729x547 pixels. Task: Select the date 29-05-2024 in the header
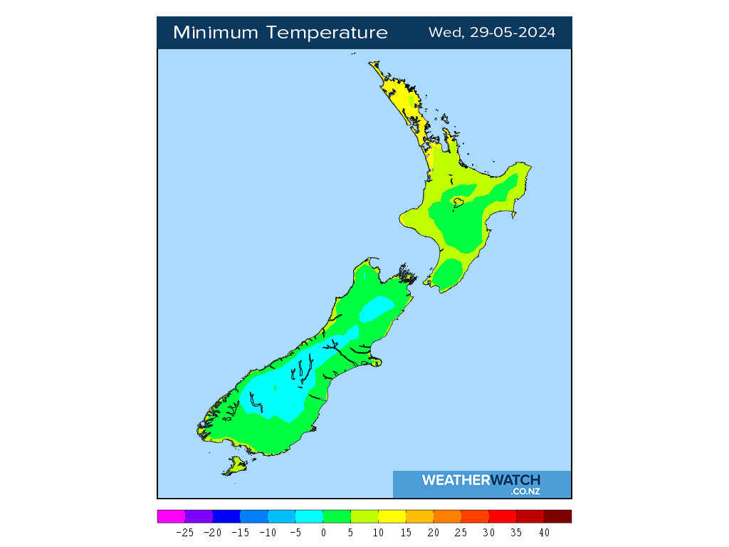click(x=513, y=33)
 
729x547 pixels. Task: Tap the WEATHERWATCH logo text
click(x=481, y=480)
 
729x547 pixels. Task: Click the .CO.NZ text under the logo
click(x=525, y=491)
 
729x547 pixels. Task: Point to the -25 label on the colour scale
click(x=184, y=533)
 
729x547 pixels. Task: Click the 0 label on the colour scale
click(x=323, y=533)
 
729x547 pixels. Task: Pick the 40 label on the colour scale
click(x=544, y=533)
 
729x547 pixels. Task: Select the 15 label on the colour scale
click(x=406, y=533)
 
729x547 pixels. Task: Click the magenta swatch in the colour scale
click(x=171, y=516)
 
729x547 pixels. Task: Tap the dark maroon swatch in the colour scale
click(x=557, y=516)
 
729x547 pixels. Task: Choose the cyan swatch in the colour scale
click(x=309, y=516)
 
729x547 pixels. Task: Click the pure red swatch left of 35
click(x=502, y=516)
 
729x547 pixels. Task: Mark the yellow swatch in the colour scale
click(x=392, y=516)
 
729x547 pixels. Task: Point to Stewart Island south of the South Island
click(x=235, y=467)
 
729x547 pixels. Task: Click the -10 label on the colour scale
click(x=268, y=533)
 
